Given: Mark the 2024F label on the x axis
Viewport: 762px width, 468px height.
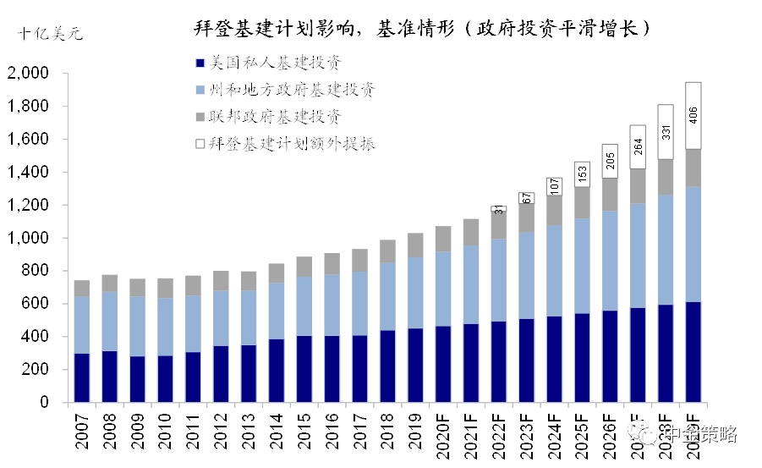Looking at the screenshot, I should pos(554,432).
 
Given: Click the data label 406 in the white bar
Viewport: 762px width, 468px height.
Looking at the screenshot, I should pos(693,115).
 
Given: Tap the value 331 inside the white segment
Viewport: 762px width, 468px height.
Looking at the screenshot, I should pos(665,131).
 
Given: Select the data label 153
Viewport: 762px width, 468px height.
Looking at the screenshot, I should pos(582,174).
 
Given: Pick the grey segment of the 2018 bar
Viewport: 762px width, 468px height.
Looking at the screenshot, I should pos(386,251).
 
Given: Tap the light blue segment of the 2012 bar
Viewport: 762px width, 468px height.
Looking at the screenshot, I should pos(220,318).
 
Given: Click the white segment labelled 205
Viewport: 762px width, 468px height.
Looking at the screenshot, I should pos(610,161).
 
